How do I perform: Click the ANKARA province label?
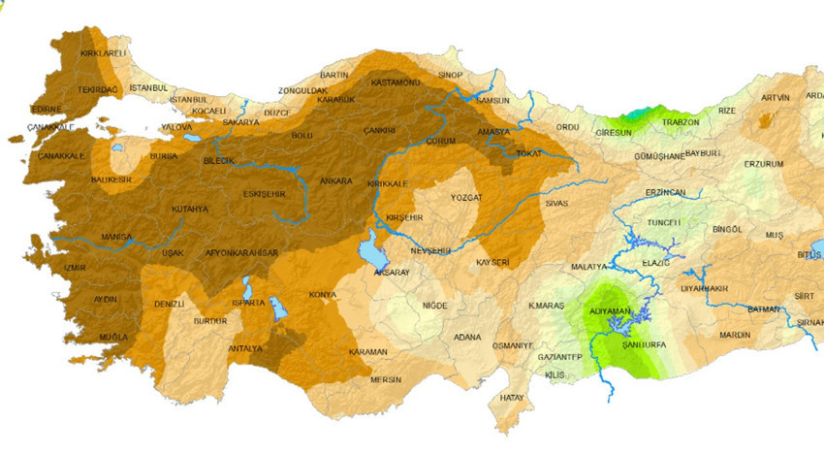coord(335,180)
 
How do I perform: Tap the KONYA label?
coord(322,295)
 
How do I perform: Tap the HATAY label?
coord(511,398)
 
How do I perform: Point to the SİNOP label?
coord(451,75)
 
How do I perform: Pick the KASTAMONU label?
coord(395,82)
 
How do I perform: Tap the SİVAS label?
coord(556,204)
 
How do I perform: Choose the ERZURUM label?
coord(763,164)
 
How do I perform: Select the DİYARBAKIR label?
coord(704,288)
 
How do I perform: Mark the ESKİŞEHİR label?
coord(264,194)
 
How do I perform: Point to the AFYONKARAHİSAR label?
coord(242,253)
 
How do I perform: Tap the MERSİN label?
coord(385,379)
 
